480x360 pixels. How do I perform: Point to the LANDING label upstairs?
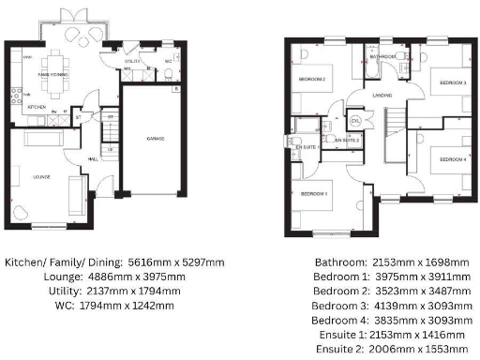[x=382, y=95]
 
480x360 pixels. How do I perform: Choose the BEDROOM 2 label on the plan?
[x=311, y=80]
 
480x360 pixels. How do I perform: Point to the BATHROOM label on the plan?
[x=383, y=56]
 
